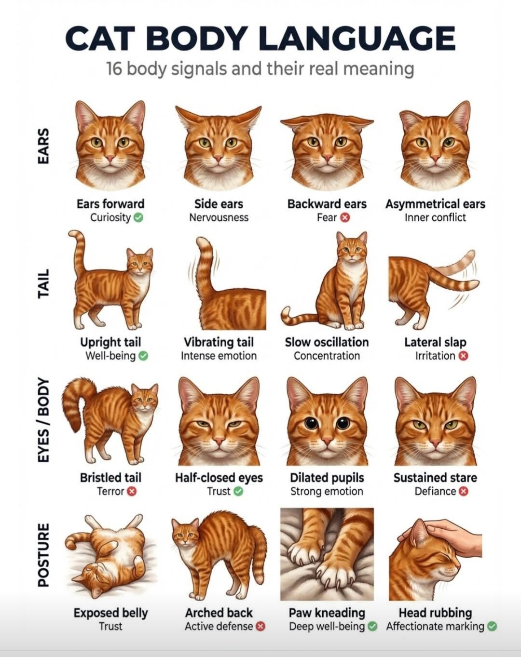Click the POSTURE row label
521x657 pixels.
tap(43, 555)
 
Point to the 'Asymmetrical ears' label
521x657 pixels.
tap(435, 204)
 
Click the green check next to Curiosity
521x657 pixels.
tap(139, 218)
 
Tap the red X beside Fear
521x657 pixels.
tap(345, 218)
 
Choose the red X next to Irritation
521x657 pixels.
tap(464, 356)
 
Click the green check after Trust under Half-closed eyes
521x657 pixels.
tap(238, 492)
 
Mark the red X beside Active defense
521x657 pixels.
tap(260, 627)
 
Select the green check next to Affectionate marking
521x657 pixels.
tap(492, 627)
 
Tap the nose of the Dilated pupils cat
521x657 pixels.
tap(327, 441)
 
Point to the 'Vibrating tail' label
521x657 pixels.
tap(219, 342)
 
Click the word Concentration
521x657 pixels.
tap(327, 356)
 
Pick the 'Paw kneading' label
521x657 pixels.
tap(327, 613)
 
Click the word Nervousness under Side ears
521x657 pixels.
tap(219, 218)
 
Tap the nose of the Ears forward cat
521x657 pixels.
tap(110, 158)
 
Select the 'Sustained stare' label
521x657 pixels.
tap(435, 478)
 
